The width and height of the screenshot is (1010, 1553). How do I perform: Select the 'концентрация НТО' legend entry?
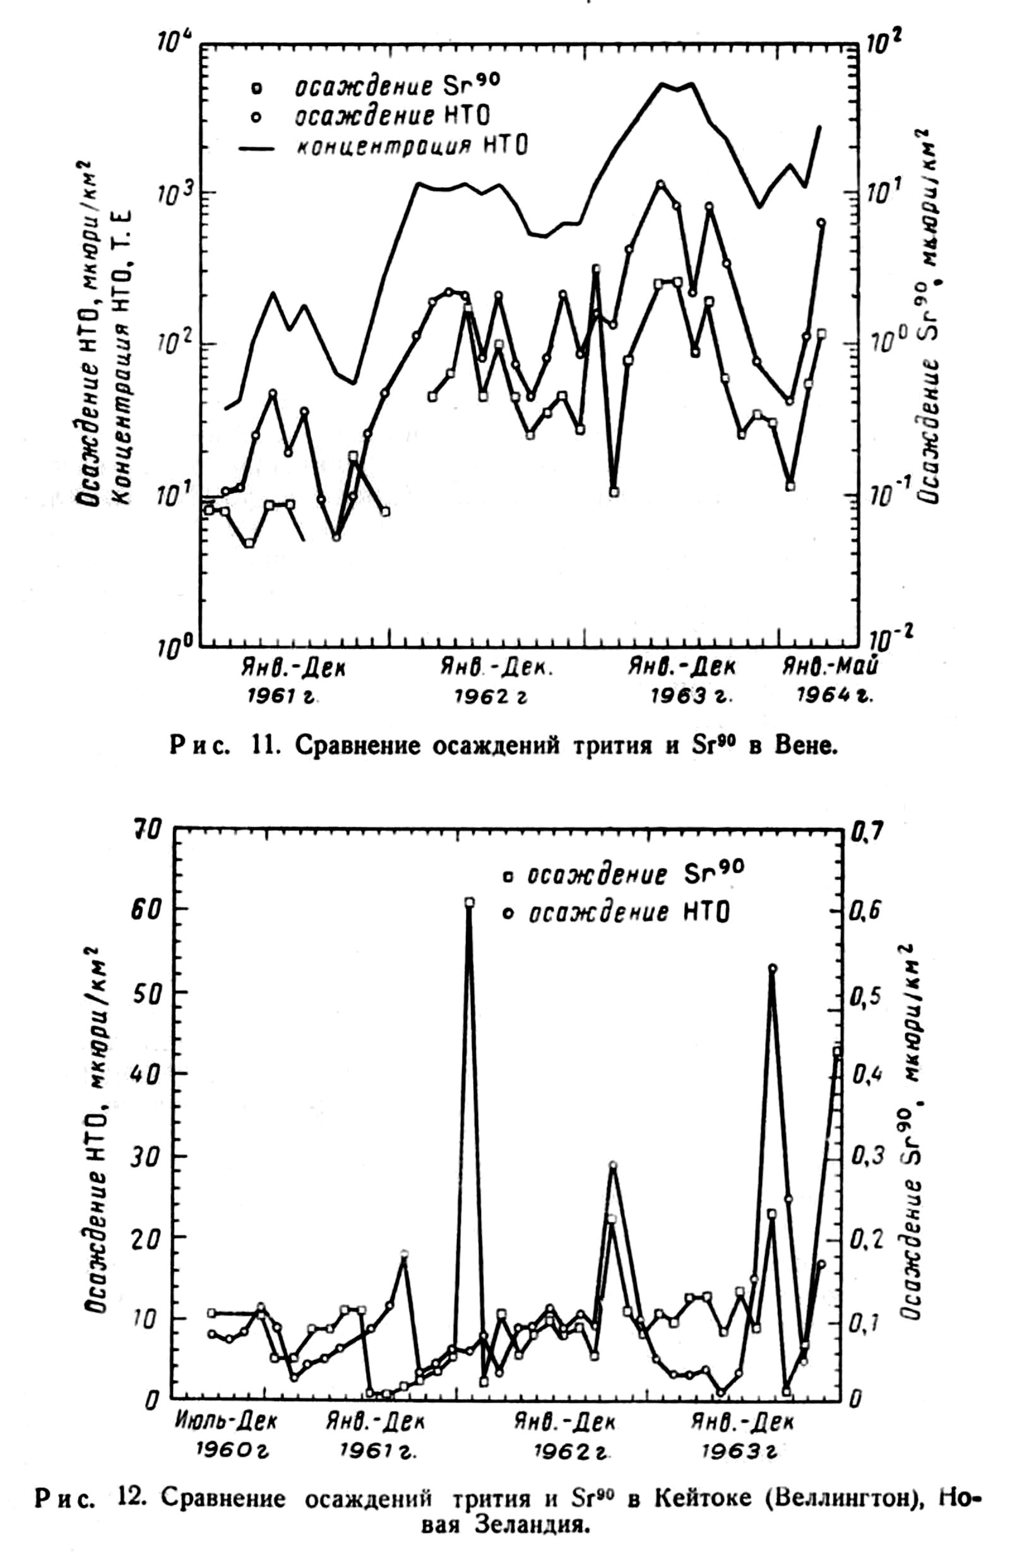[x=412, y=146]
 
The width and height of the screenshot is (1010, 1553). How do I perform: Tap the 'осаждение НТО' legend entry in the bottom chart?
[x=627, y=912]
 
